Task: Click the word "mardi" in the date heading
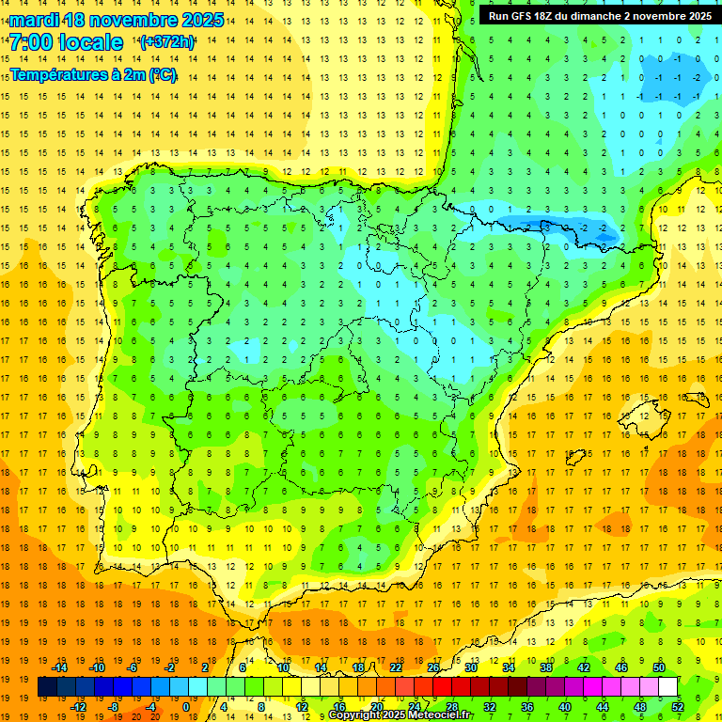click(35, 20)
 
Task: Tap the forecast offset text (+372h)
click(166, 42)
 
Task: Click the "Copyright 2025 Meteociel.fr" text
click(400, 715)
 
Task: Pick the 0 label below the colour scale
click(185, 707)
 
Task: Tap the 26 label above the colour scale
click(433, 667)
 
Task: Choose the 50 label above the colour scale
click(659, 667)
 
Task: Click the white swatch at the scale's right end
click(667, 687)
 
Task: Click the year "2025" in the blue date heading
click(201, 20)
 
